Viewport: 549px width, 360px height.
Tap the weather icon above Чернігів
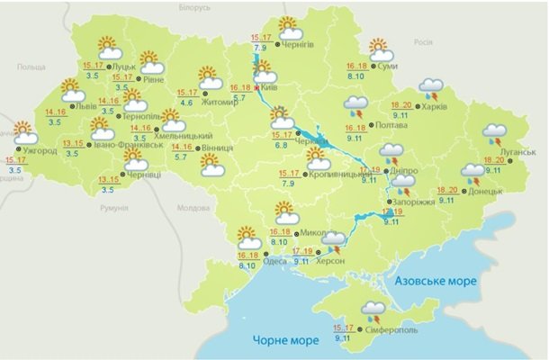(288, 26)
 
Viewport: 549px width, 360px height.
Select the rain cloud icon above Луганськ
(494, 133)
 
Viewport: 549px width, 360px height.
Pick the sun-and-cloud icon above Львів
(72, 90)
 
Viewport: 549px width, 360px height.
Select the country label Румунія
(114, 208)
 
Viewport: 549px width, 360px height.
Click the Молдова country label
(193, 207)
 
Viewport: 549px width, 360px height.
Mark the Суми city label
(389, 67)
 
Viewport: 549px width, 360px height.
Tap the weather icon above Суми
(381, 48)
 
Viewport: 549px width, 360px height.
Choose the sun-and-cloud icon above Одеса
(248, 238)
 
